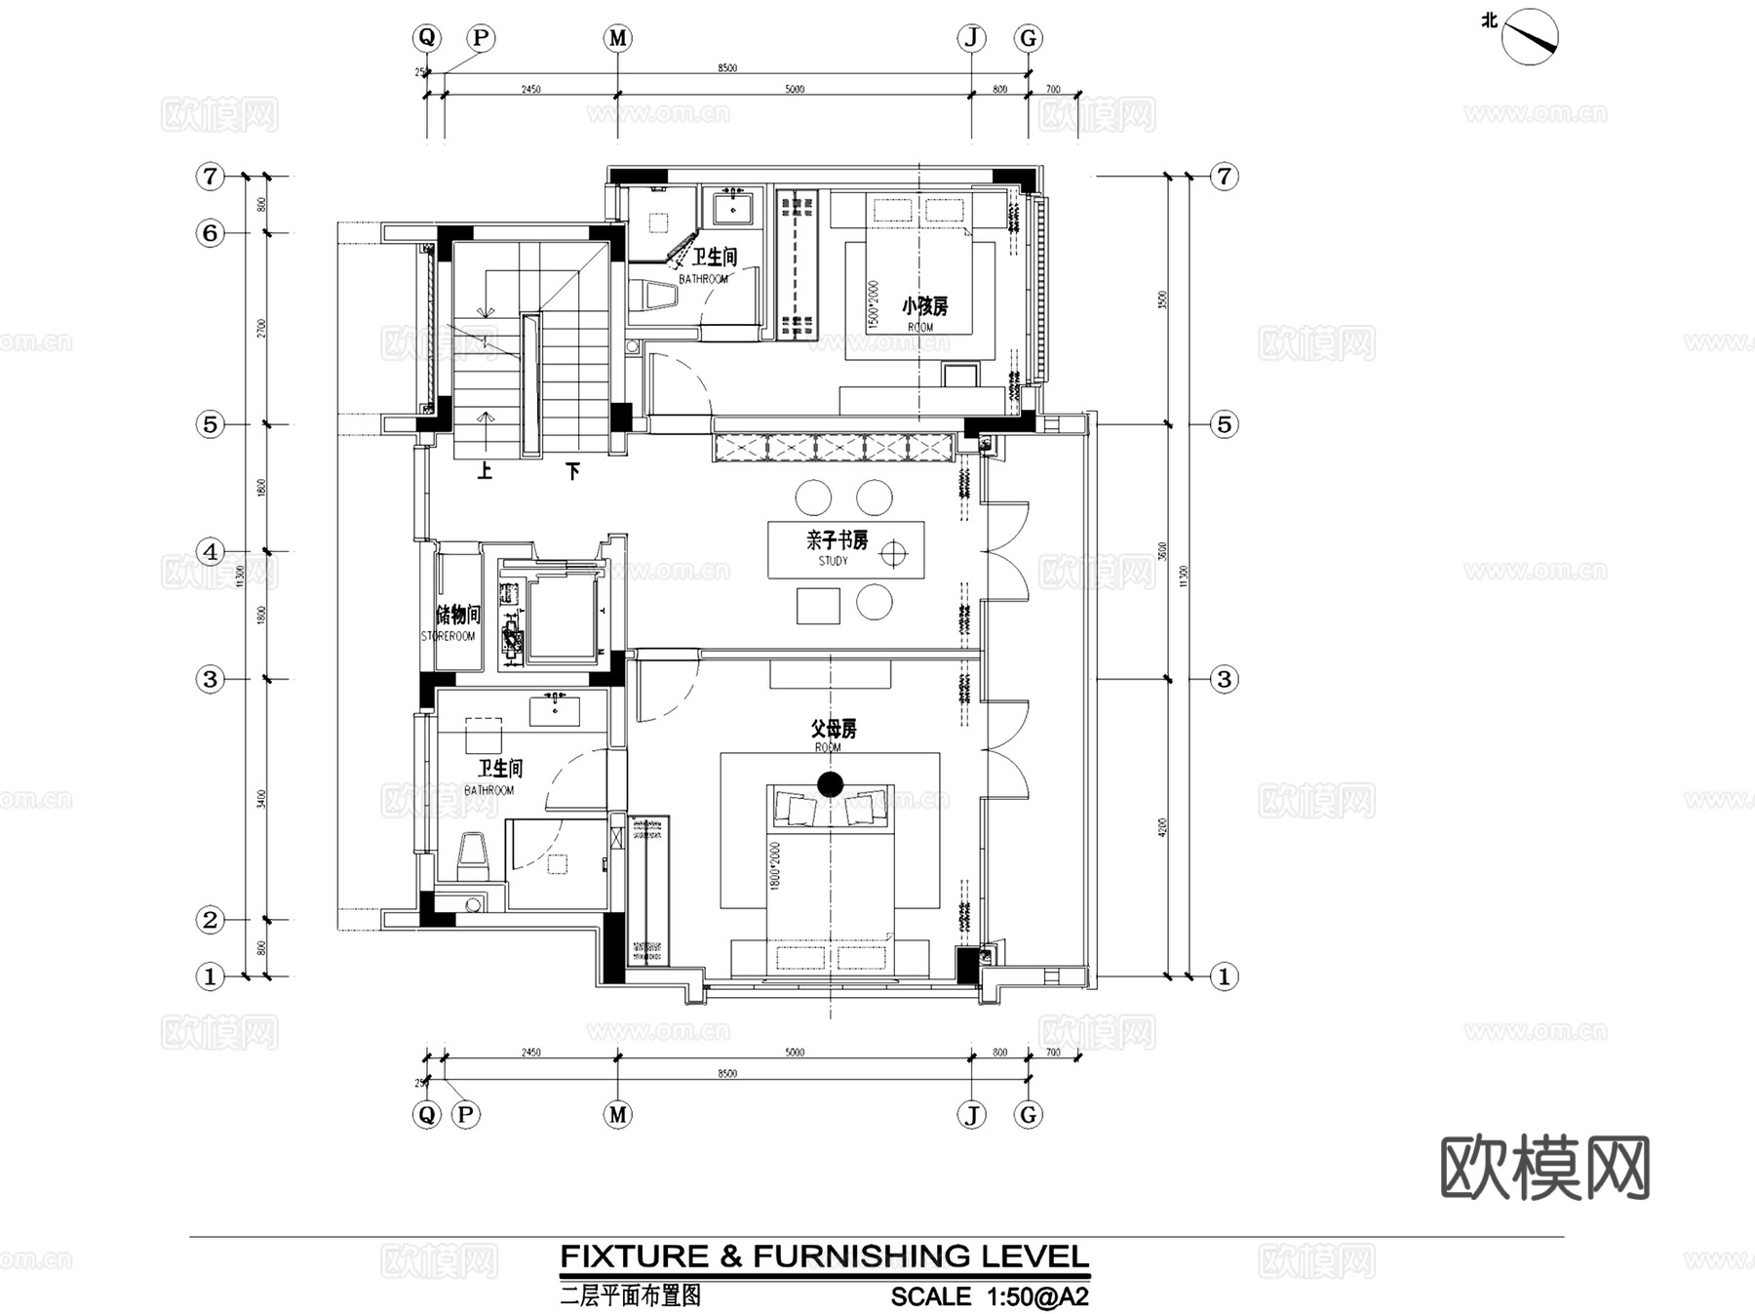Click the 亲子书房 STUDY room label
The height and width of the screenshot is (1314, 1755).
click(x=836, y=546)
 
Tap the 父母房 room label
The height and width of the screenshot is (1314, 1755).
click(x=833, y=730)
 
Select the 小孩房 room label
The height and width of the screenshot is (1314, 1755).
click(x=924, y=306)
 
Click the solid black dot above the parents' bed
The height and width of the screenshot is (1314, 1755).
click(x=830, y=784)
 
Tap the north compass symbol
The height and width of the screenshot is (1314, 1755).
click(x=1529, y=37)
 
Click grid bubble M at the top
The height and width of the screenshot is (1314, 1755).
click(x=617, y=38)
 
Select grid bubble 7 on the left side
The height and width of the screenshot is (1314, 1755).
click(x=210, y=177)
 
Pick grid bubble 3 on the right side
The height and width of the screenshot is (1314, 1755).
click(x=1224, y=679)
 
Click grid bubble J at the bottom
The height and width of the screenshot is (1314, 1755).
click(x=971, y=1114)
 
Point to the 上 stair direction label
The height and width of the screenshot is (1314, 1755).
click(x=485, y=472)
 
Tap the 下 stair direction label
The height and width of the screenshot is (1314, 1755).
click(x=573, y=472)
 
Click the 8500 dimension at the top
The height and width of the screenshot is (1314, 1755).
click(x=727, y=68)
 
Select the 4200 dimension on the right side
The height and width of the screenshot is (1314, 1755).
click(x=1161, y=827)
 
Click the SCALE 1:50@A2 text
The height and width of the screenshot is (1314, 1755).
click(x=989, y=1296)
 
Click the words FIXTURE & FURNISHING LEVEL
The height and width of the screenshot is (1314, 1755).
click(x=824, y=1256)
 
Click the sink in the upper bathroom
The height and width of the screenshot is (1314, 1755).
click(x=731, y=209)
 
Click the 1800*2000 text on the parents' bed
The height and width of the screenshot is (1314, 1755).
click(x=776, y=864)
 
